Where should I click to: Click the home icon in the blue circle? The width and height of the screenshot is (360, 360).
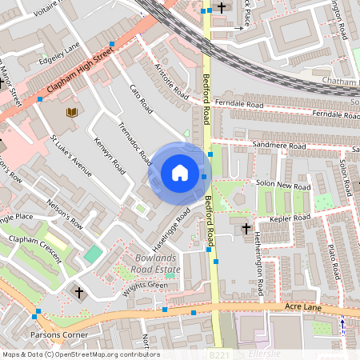[180, 172]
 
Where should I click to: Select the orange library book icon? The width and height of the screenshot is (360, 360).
[72, 113]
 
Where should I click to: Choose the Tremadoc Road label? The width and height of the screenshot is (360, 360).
[134, 144]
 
